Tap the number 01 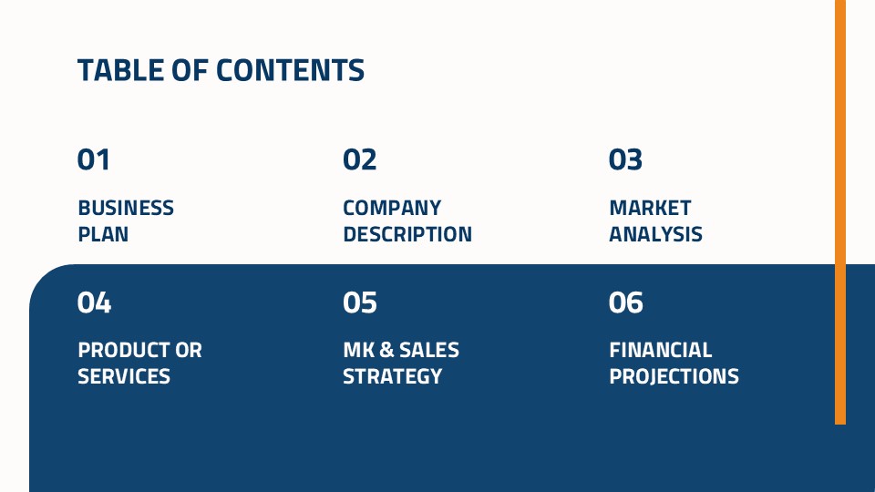tap(94, 159)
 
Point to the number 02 tap(360, 159)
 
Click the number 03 tap(625, 159)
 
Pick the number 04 tap(94, 302)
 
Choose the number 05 tap(360, 302)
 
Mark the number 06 tap(625, 302)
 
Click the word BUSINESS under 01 tap(126, 208)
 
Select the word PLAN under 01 tap(103, 234)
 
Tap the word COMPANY tap(392, 208)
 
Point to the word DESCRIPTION tap(407, 234)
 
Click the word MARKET tap(650, 208)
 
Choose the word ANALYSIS tap(655, 234)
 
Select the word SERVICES tap(124, 376)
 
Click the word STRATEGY tap(392, 376)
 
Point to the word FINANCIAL tap(661, 350)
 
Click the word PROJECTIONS tap(674, 376)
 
